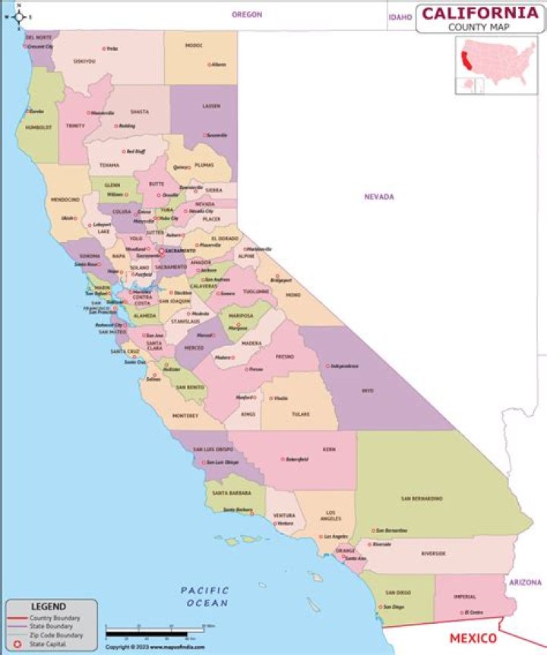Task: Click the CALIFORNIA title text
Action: pos(479,14)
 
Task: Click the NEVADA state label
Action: pos(378,197)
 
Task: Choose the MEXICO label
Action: pos(473,638)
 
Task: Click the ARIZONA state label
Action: pos(526,583)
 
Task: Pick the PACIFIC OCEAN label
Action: pos(205,597)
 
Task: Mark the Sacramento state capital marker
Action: pos(160,250)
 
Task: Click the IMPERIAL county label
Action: pos(464,597)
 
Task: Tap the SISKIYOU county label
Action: pos(84,61)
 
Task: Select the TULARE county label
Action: pos(300,414)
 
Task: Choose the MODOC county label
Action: pos(194,46)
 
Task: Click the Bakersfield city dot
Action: pos(283,459)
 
